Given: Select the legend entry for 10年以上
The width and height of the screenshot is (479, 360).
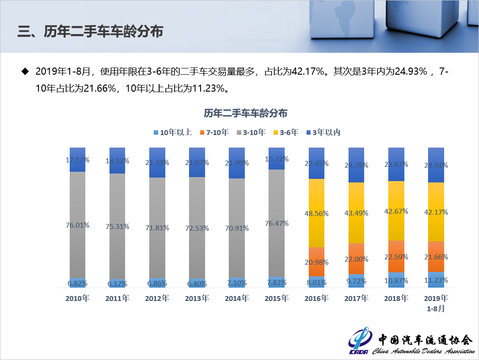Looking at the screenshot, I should pos(173,132).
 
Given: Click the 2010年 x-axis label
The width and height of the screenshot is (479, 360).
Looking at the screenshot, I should pos(77,298).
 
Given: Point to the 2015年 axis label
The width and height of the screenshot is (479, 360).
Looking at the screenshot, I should pos(277,298).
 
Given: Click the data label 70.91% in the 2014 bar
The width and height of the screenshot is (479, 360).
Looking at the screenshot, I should pos(237,227).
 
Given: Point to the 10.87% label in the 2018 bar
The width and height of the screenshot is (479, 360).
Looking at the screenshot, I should pos(396,282).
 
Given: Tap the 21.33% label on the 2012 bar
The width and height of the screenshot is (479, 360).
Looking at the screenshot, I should pos(157,162).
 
